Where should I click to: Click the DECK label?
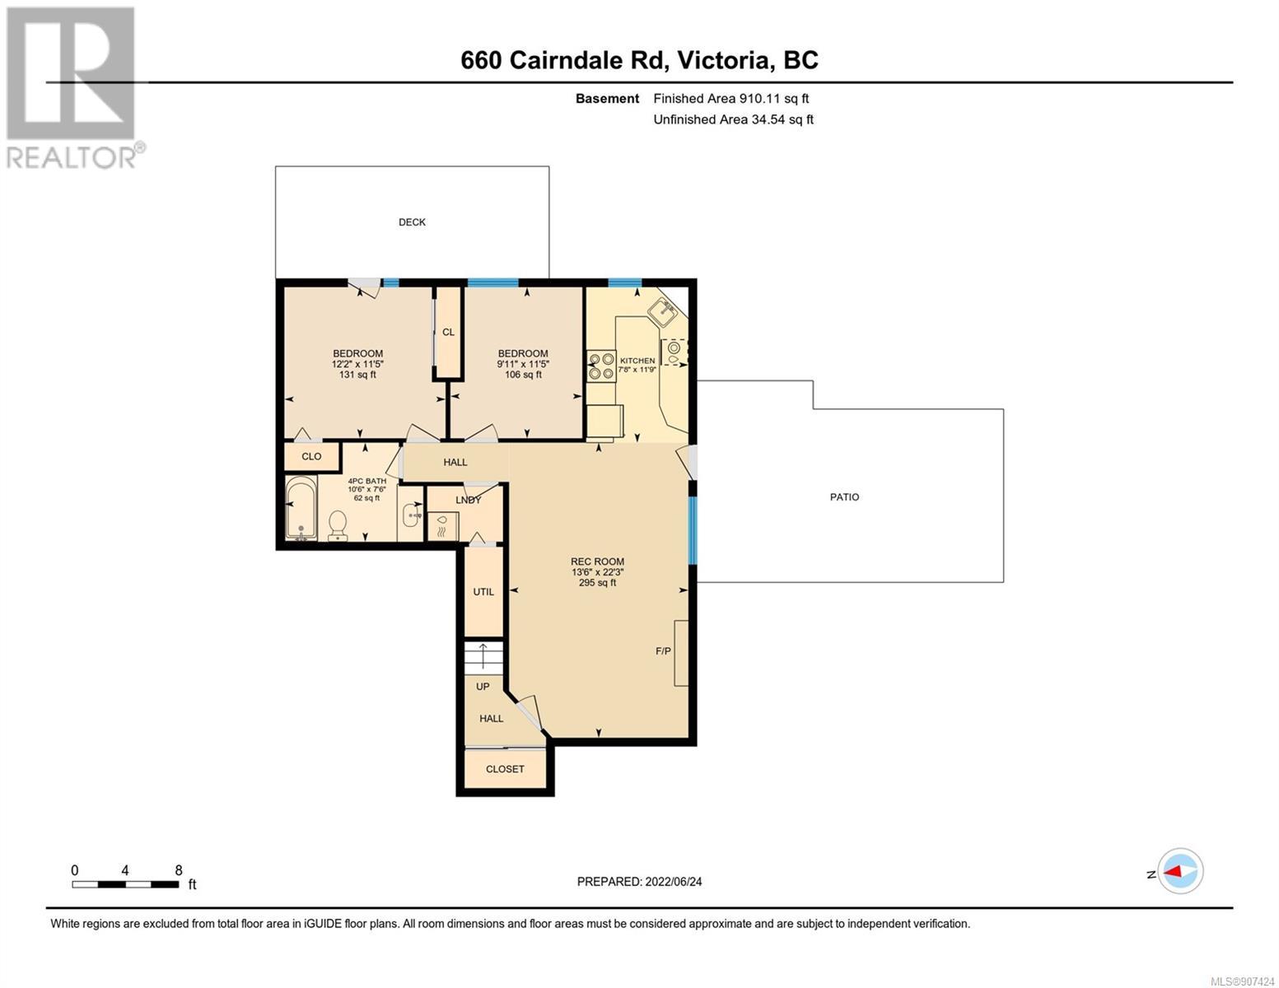click(412, 221)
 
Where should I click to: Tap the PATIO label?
click(844, 496)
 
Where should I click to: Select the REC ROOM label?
click(597, 562)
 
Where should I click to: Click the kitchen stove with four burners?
click(601, 366)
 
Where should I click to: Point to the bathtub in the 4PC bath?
click(301, 508)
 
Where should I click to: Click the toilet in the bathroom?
click(338, 525)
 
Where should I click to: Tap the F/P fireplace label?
click(663, 650)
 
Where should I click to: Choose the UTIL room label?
click(483, 591)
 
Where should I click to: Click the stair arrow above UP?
click(483, 655)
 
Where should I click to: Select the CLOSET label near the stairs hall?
click(504, 768)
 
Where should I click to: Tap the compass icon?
click(1180, 871)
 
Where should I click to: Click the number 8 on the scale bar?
click(179, 869)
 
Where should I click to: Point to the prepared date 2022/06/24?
click(674, 882)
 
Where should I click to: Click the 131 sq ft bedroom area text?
click(357, 375)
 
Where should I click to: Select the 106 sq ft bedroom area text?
click(523, 375)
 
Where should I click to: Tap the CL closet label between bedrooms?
click(448, 332)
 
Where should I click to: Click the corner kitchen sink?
click(665, 311)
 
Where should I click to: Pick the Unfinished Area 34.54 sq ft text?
click(733, 119)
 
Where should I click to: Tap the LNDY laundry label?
click(468, 500)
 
